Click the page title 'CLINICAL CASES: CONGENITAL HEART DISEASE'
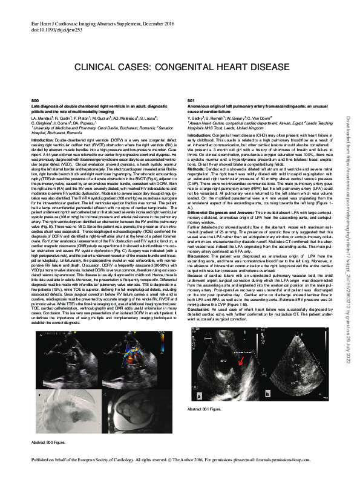point(180,62)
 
